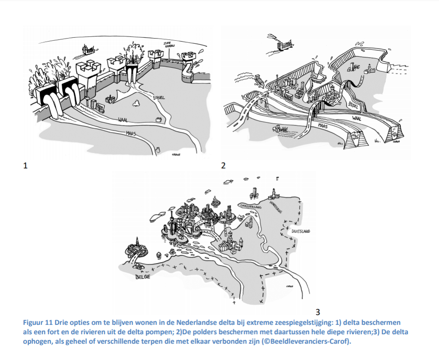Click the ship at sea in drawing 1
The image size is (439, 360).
coord(88,50)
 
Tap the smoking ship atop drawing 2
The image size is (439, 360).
coord(283,42)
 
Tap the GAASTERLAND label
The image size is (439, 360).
coord(251,206)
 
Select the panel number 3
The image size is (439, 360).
coord(317,312)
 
